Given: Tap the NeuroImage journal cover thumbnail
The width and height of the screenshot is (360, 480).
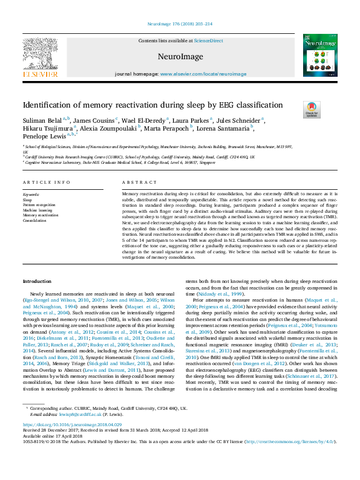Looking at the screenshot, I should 319,55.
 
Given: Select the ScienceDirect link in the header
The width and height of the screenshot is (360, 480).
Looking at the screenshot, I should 208,41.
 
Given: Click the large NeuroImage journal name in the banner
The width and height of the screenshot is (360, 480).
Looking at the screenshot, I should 180,56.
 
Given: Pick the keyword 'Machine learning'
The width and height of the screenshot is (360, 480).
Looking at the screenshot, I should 36,210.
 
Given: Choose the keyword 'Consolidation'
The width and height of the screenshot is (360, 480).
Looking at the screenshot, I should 34,221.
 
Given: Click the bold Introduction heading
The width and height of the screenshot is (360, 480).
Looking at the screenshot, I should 37,282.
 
